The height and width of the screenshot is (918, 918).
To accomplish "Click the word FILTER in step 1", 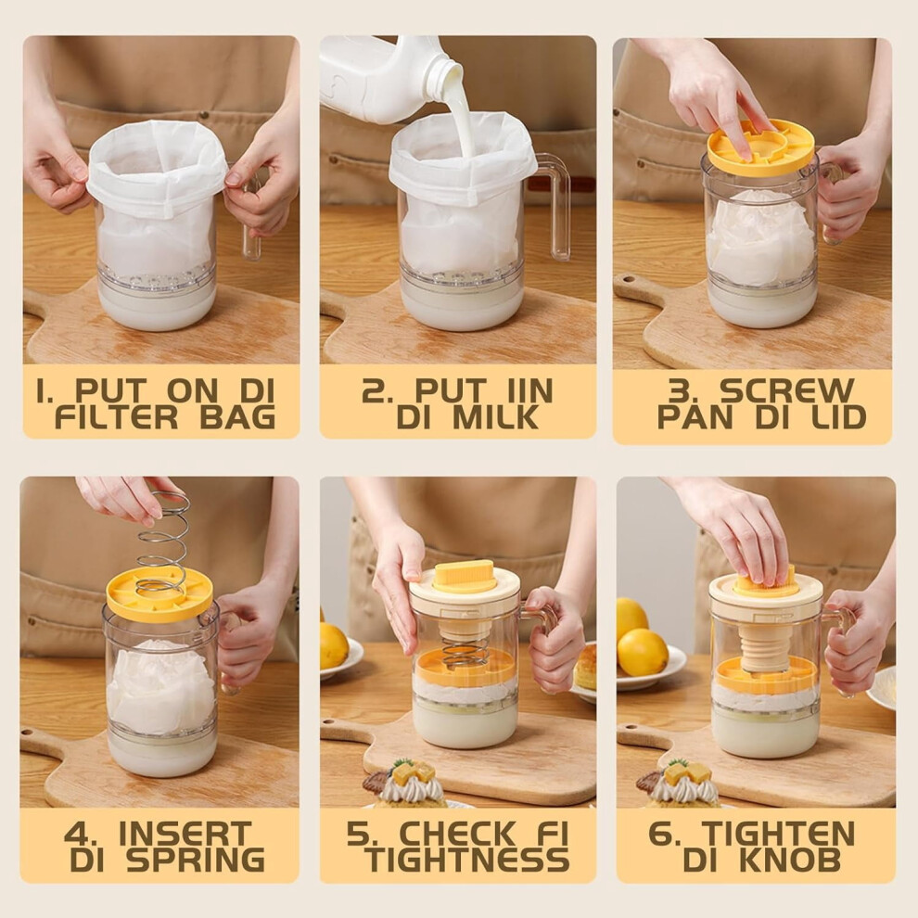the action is tap(116, 418).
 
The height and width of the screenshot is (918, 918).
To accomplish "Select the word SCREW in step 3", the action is tap(787, 390).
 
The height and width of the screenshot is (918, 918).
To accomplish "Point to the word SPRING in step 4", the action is tap(197, 860).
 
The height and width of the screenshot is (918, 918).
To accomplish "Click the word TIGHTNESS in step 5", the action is tap(467, 860).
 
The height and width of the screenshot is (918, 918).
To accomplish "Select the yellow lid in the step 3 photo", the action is tap(761, 147).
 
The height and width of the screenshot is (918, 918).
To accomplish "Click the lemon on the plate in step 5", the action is tap(334, 645).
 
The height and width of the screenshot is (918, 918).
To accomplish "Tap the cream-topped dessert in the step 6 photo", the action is tap(682, 782).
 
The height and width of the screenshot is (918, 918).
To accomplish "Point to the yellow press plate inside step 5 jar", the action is tap(465, 668).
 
